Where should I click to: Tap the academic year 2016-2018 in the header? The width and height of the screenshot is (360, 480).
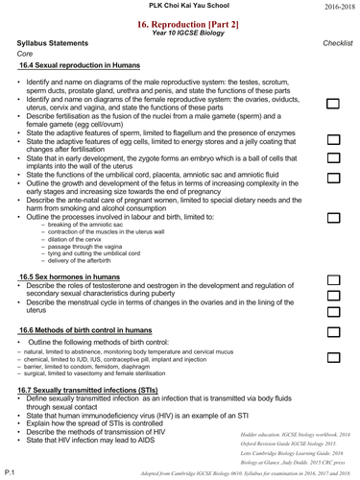[x=336, y=6]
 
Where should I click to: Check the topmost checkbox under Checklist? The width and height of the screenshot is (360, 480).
[x=333, y=103]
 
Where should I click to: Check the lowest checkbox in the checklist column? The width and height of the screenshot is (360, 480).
[x=333, y=357]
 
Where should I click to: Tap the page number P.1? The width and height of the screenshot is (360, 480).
[x=10, y=472]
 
